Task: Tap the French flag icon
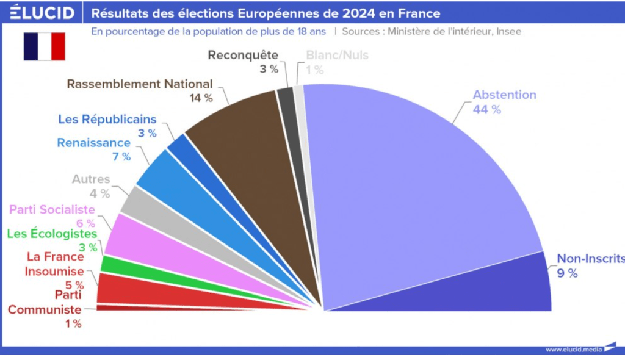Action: [44, 46]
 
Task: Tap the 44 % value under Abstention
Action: [486, 110]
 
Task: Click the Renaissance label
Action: [94, 143]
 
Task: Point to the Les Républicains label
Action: [107, 119]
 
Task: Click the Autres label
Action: [91, 179]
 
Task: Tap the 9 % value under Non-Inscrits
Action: [567, 273]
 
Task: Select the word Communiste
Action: [45, 310]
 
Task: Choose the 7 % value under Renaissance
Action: [121, 157]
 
